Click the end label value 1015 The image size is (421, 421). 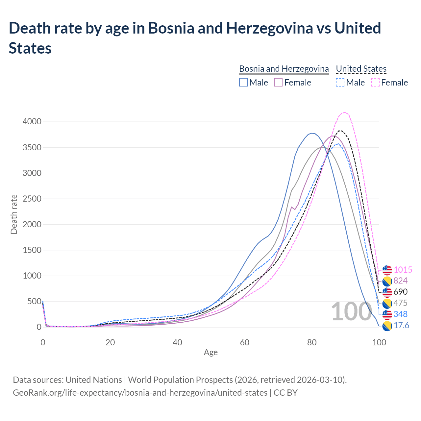tap(403, 270)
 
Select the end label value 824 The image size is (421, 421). tap(400, 281)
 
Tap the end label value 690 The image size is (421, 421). tap(400, 292)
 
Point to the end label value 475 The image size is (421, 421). tap(400, 303)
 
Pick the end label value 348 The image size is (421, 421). tap(400, 314)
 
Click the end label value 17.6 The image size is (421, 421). tap(401, 326)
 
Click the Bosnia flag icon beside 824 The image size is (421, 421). tap(387, 281)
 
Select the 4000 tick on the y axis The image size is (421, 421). tap(32, 122)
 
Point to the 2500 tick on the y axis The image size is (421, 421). tap(32, 199)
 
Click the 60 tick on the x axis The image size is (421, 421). tap(245, 342)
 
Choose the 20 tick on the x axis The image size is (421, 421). tap(110, 342)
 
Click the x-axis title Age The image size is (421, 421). tap(210, 353)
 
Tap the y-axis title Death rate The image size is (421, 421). tap(14, 214)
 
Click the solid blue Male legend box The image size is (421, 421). tap(243, 82)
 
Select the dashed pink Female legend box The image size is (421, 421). tap(375, 82)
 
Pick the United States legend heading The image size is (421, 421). tap(361, 69)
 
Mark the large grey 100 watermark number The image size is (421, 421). tap(351, 311)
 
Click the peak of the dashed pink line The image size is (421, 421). tap(344, 112)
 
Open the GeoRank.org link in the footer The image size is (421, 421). tap(140, 393)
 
